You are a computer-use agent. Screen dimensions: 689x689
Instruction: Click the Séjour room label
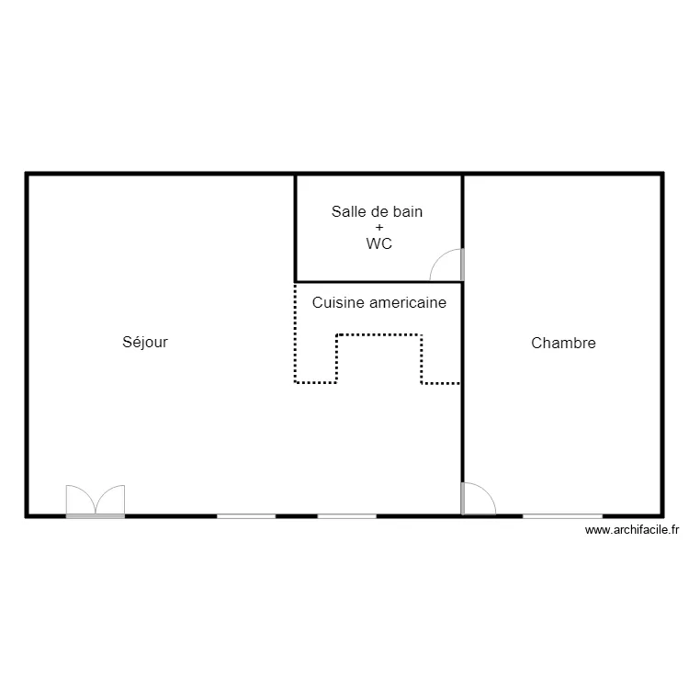pyautogui.click(x=145, y=343)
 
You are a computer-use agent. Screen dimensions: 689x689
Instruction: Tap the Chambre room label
pyautogui.click(x=563, y=344)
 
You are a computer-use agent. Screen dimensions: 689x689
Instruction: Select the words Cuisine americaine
pyautogui.click(x=378, y=302)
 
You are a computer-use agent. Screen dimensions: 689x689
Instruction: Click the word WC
pyautogui.click(x=378, y=244)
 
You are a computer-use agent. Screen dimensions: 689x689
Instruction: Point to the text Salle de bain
pyautogui.click(x=377, y=211)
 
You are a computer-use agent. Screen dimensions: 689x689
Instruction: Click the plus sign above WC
pyautogui.click(x=378, y=228)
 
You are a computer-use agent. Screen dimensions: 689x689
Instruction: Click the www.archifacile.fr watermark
pyautogui.click(x=631, y=530)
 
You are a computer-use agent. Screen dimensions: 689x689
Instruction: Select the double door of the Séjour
pyautogui.click(x=95, y=501)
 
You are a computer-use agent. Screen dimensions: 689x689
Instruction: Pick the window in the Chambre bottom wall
pyautogui.click(x=562, y=516)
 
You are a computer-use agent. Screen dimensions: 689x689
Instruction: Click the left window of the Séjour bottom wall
pyautogui.click(x=246, y=516)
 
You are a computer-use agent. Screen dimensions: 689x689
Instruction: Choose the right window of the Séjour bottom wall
pyautogui.click(x=346, y=516)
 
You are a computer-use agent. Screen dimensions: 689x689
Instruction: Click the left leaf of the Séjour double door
pyautogui.click(x=81, y=501)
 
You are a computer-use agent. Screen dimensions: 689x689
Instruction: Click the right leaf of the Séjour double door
pyautogui.click(x=109, y=501)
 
